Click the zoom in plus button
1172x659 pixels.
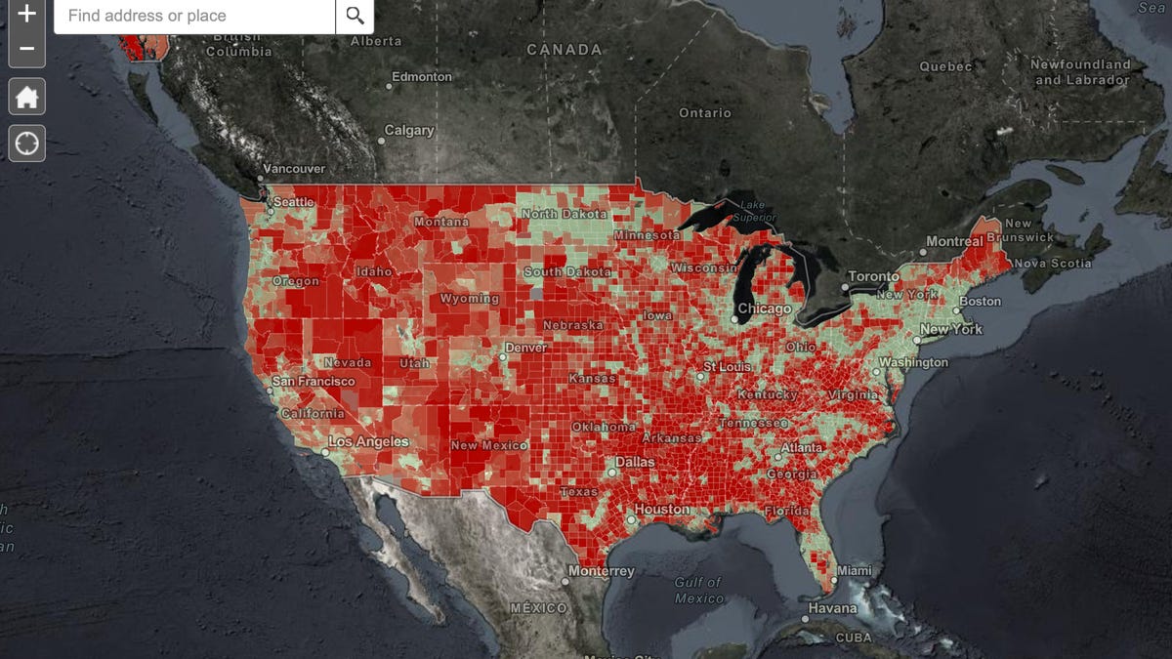coord(27,14)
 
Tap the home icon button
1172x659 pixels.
coord(27,97)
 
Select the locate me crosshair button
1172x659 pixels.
coord(27,144)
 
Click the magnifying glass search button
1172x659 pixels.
coord(355,16)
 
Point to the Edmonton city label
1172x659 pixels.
coord(422,76)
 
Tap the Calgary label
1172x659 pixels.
coord(409,130)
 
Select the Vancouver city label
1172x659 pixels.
coord(294,169)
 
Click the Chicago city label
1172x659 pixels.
coord(765,309)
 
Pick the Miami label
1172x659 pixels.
coord(854,570)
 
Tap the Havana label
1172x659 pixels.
coord(832,608)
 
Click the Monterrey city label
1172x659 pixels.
coord(603,571)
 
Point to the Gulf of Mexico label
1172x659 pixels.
coord(699,590)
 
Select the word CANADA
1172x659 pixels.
coord(564,49)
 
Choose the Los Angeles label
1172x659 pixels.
coord(368,441)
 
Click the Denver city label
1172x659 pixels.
coord(526,348)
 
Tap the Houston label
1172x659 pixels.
coord(661,510)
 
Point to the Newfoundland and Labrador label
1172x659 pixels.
coord(1081,71)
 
